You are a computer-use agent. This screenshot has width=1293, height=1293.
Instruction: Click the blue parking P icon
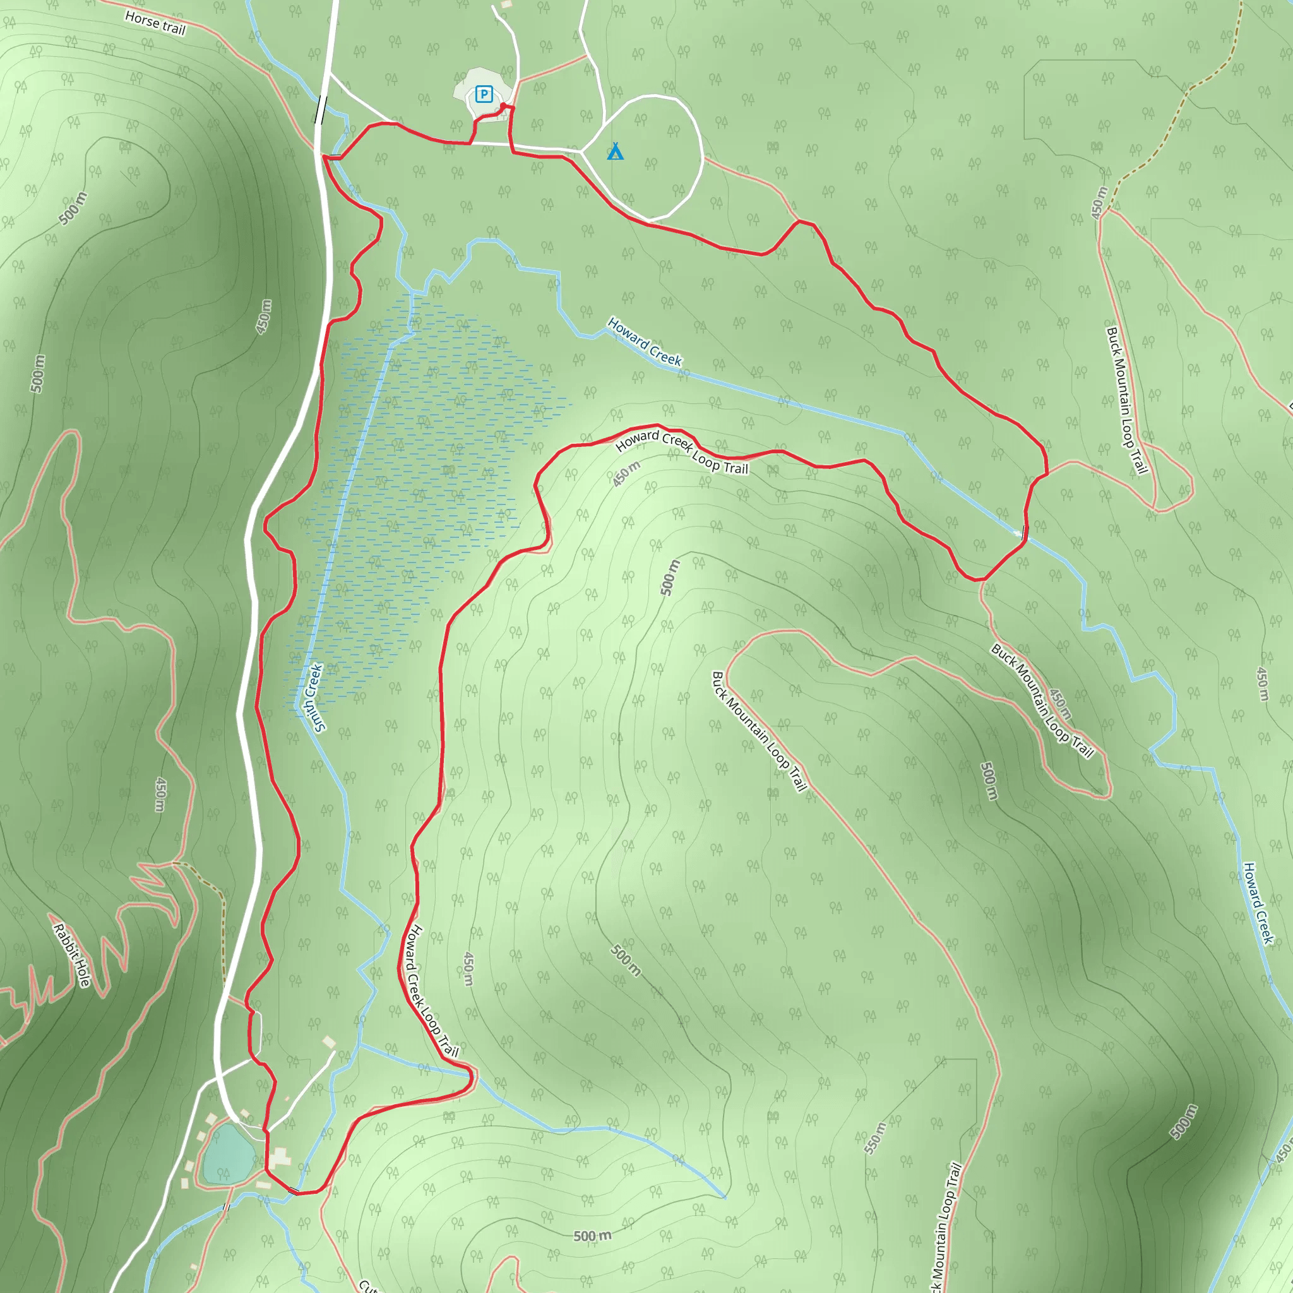click(x=484, y=94)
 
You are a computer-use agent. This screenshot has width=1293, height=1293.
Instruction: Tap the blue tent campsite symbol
click(x=615, y=152)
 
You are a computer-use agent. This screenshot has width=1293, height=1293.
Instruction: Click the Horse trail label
click(x=155, y=22)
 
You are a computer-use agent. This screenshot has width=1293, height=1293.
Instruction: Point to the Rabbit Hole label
click(x=71, y=955)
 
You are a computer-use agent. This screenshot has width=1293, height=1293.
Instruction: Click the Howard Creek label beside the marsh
click(x=645, y=342)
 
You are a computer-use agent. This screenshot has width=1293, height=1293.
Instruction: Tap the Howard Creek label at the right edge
click(x=1258, y=903)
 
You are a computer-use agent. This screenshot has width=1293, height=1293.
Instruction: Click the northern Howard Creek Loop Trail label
click(x=681, y=452)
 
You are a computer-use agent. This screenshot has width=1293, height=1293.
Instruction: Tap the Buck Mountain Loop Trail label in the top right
click(x=1127, y=400)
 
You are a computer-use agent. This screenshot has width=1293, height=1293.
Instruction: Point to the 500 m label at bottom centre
click(x=592, y=1236)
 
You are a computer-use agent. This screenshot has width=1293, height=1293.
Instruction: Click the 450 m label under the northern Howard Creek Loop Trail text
click(x=627, y=473)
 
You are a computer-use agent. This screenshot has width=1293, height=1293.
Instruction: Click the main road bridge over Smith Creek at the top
click(x=321, y=110)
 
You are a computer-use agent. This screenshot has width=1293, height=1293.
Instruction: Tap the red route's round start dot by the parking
click(x=503, y=105)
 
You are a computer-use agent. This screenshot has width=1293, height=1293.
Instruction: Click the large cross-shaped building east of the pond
click(x=278, y=1156)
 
